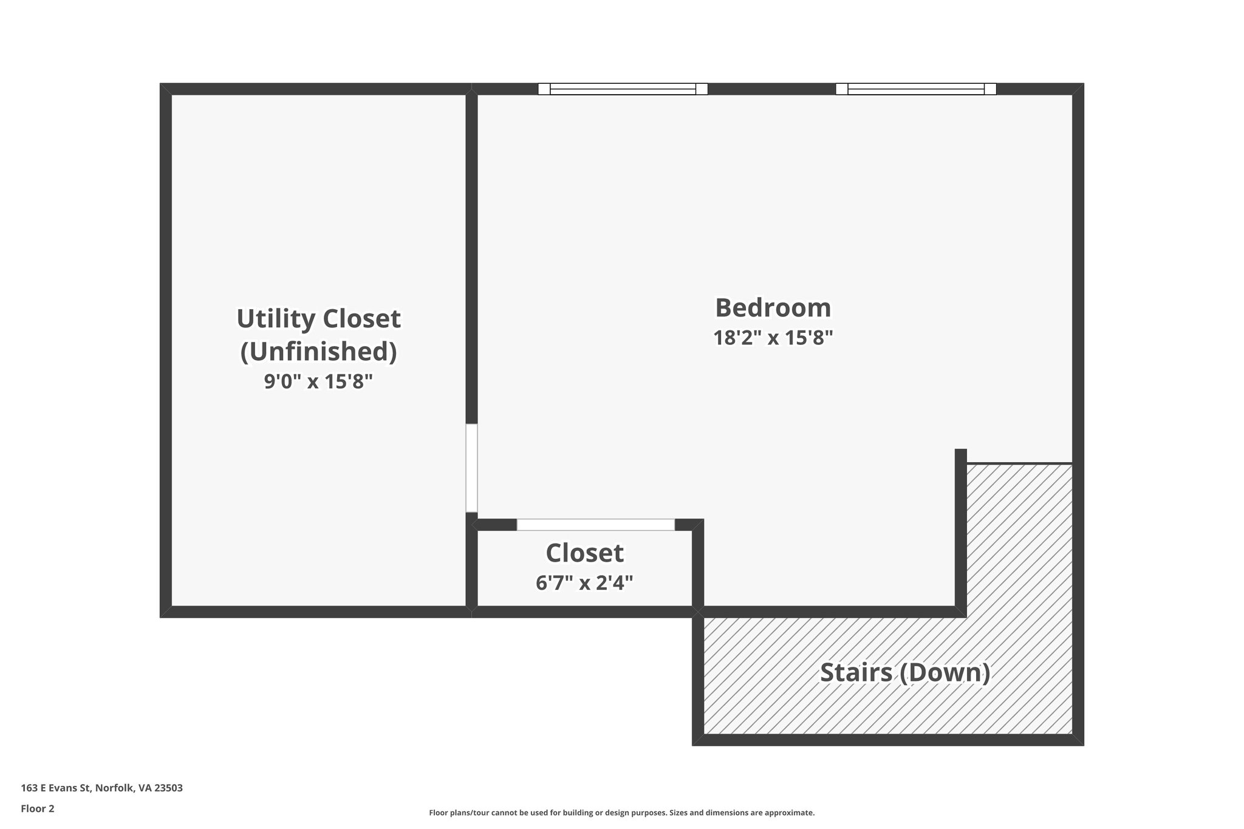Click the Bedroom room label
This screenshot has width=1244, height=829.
[773, 308]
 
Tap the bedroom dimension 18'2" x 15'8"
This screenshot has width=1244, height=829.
[773, 338]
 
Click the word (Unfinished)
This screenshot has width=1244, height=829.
[318, 352]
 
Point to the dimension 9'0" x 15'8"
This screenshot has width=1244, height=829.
[318, 382]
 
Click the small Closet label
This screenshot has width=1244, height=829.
[584, 553]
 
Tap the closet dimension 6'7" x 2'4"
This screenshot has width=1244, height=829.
[584, 583]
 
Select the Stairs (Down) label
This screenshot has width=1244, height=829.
[905, 673]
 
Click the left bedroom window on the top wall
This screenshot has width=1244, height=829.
[623, 89]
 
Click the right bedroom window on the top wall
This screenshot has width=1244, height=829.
[915, 89]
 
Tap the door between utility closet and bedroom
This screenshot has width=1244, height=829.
[471, 468]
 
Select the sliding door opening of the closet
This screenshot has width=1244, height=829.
[595, 525]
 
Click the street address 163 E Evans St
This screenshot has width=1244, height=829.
[56, 788]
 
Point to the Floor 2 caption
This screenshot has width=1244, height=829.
[38, 808]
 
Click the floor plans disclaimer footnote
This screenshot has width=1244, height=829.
[621, 813]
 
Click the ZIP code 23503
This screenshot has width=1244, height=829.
[168, 788]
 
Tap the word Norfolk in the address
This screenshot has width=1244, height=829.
[114, 788]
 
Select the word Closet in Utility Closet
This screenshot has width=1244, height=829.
[361, 319]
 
